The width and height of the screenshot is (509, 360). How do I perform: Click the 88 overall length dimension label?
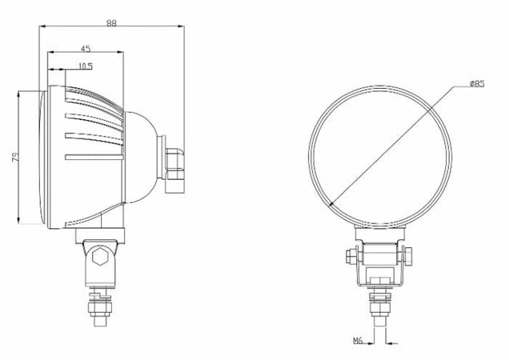tap(111, 23)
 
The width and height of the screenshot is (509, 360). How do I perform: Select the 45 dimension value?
tap(86, 49)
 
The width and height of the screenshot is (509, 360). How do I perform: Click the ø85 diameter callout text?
tap(475, 83)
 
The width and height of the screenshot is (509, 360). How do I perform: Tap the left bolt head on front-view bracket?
tap(350, 257)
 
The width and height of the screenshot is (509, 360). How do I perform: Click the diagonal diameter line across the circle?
tap(380, 152)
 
